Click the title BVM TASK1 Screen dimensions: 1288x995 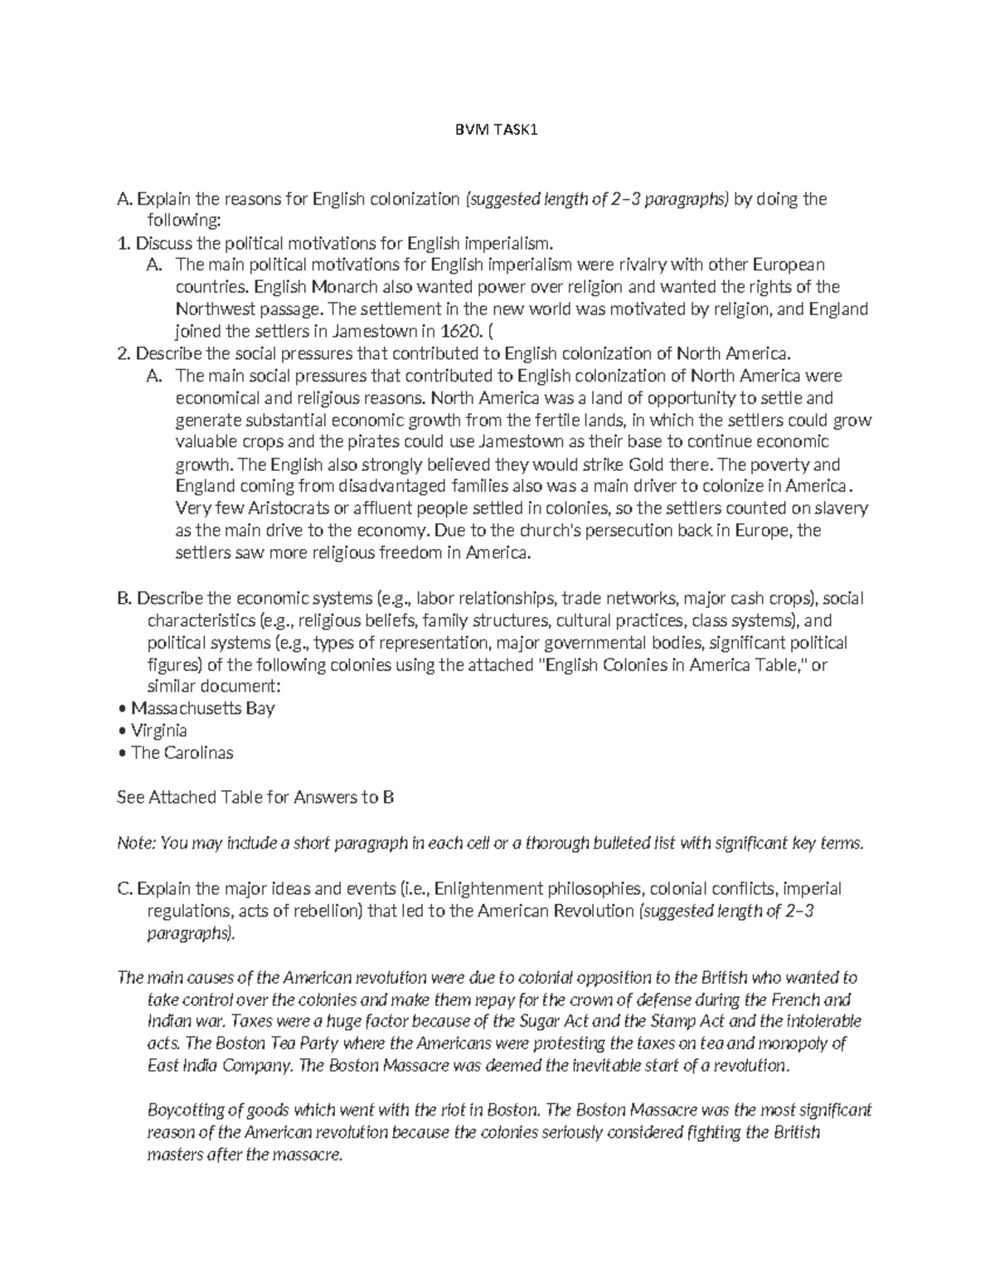(497, 131)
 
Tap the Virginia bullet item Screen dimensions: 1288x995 (158, 731)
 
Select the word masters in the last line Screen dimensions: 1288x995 (172, 1154)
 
